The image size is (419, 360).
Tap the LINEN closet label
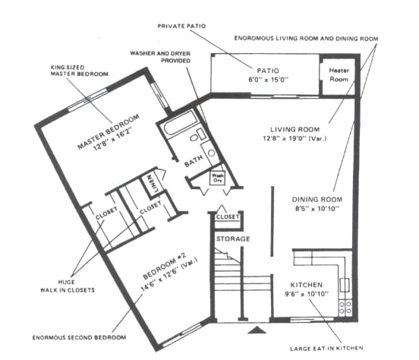(x=150, y=182)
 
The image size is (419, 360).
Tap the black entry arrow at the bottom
(x=257, y=330)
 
